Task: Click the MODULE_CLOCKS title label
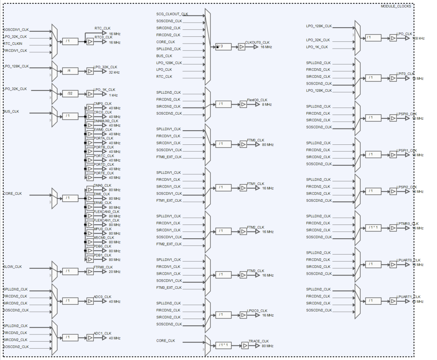396,6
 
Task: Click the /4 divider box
70,71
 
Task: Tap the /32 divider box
70,94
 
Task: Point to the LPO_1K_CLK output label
104,90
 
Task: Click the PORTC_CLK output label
103,156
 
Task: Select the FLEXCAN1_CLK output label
106,220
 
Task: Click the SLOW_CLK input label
13,267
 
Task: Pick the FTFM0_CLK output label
103,267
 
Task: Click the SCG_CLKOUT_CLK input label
172,14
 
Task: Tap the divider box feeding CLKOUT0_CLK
223,46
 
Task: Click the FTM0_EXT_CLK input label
169,157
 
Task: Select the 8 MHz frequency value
267,105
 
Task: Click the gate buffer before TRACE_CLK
245,345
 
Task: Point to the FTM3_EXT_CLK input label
169,288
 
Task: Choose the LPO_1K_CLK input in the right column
318,47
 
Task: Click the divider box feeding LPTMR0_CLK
373,228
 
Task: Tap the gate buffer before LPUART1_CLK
393,301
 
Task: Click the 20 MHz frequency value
114,272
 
